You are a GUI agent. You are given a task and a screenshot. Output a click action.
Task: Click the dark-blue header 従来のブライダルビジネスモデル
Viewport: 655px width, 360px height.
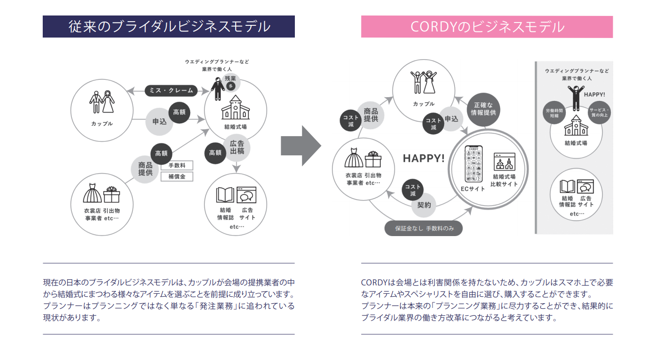(169, 26)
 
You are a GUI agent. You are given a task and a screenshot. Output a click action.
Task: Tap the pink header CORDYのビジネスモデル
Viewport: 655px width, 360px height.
(486, 27)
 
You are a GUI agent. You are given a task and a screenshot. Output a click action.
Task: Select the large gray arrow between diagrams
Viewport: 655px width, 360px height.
(301, 146)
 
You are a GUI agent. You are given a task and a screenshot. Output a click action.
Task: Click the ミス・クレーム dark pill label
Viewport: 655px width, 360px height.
(171, 90)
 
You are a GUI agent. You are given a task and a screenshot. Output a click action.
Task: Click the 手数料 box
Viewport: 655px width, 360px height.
(177, 166)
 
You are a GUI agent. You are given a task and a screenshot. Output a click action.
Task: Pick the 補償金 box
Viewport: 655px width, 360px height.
(177, 177)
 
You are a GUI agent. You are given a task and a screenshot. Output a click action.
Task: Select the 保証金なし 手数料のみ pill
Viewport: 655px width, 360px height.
(423, 229)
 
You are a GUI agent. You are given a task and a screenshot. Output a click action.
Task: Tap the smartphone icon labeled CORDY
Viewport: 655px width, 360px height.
(474, 164)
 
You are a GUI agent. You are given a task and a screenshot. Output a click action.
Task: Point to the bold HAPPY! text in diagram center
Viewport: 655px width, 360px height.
(424, 159)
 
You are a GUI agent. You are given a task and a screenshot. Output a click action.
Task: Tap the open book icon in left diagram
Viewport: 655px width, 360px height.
(225, 194)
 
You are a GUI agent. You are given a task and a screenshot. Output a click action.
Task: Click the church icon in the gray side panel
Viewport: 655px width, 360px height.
(575, 126)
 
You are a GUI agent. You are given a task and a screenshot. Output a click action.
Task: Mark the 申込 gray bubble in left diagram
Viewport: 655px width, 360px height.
(159, 122)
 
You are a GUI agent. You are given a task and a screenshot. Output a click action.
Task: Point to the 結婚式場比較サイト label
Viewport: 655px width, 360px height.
(504, 180)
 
